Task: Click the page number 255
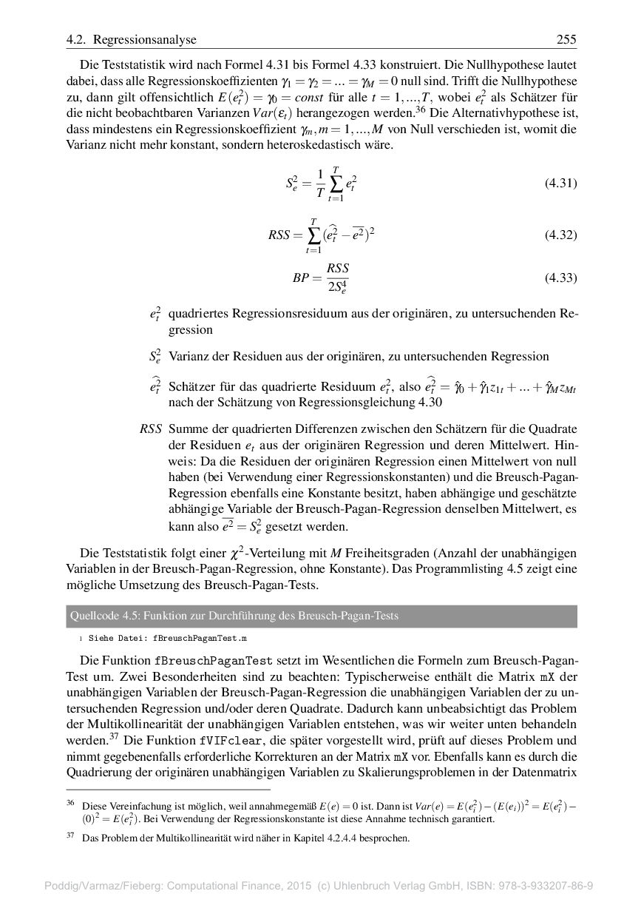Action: [566, 39]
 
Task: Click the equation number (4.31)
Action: [560, 184]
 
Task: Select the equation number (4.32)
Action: [560, 235]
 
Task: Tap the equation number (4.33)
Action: [560, 278]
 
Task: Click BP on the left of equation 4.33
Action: [302, 279]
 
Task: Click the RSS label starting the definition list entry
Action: [150, 429]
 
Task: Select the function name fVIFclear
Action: [225, 739]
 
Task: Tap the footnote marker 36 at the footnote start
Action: [71, 803]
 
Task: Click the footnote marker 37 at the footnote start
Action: [71, 835]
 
